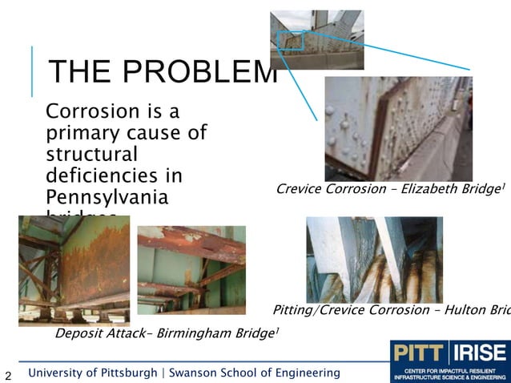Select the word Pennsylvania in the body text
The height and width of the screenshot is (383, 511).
pos(107,197)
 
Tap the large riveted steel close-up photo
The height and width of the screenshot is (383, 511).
pos(398,128)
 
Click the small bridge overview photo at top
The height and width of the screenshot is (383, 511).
pos(316,39)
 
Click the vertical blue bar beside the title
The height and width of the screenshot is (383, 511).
pos(32,72)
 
